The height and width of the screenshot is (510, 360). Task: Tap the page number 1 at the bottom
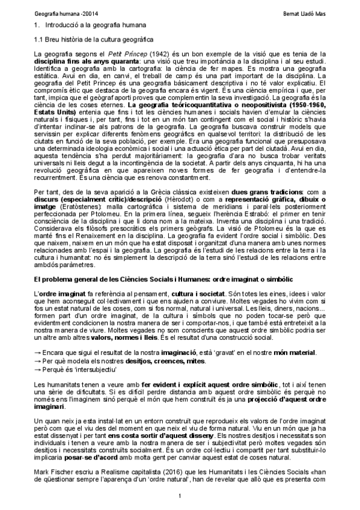(x=180, y=495)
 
